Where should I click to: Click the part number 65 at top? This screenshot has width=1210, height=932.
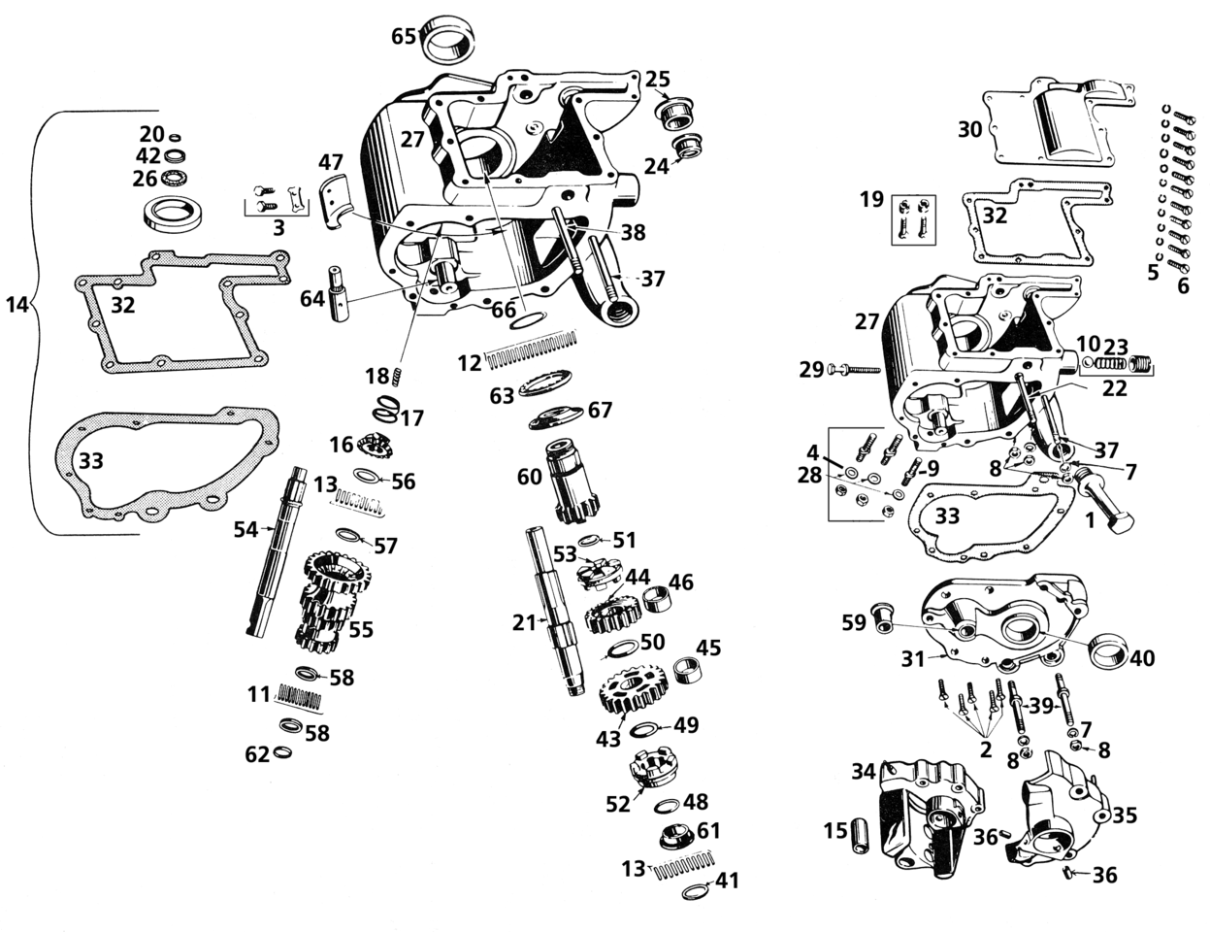[x=404, y=36]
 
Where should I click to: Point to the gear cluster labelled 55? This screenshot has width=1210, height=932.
[x=331, y=602]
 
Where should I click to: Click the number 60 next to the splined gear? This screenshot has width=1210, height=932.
[x=530, y=477]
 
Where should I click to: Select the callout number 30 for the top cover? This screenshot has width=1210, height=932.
[x=970, y=129]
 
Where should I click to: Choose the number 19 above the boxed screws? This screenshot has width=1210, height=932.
[x=871, y=200]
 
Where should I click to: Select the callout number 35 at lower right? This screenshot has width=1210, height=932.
[x=1124, y=815]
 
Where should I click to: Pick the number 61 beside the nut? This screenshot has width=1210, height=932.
[x=708, y=830]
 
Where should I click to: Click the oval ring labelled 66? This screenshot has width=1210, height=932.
[x=528, y=320]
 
